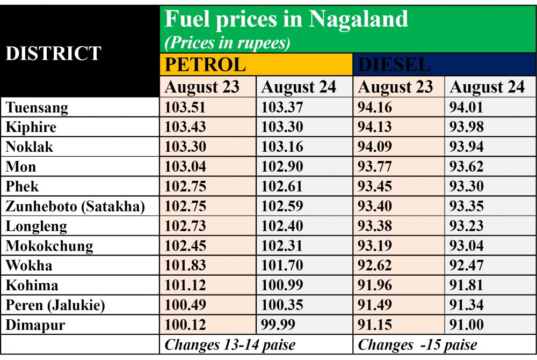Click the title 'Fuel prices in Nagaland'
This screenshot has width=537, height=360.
pos(286,20)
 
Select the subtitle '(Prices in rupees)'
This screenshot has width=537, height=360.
pos(227,43)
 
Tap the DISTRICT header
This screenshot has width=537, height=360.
pos(54,53)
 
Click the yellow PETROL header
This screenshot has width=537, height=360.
pos(205,64)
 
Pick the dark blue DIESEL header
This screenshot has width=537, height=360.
pos(395,64)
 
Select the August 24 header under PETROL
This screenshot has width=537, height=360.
pos(299,87)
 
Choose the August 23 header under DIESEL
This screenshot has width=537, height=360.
pos(395,87)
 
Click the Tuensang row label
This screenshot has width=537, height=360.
pos(37,108)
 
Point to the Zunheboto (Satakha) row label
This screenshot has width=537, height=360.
pos(76,207)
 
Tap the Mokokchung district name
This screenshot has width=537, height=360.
pos(49,246)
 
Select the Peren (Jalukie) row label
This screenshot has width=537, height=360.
pos(55,305)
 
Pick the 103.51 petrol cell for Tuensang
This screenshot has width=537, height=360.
pos(185,108)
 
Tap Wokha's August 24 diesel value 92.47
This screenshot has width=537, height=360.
pos(467,266)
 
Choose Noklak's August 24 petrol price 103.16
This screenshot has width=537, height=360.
pos(282,147)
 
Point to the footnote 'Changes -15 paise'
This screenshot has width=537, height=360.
pos(418,344)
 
